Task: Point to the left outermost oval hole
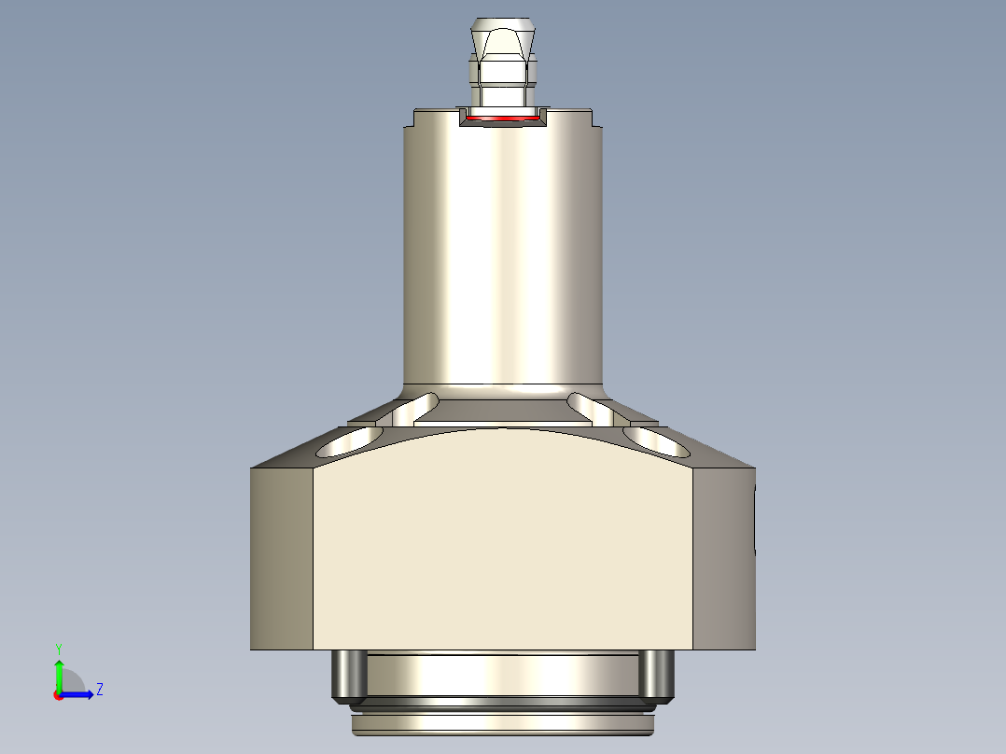click(350, 443)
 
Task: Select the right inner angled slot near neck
click(590, 407)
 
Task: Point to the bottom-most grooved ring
click(503, 724)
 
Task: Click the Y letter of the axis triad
click(59, 648)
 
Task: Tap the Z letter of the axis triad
click(99, 690)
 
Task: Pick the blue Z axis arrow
click(80, 694)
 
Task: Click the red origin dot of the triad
click(59, 695)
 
